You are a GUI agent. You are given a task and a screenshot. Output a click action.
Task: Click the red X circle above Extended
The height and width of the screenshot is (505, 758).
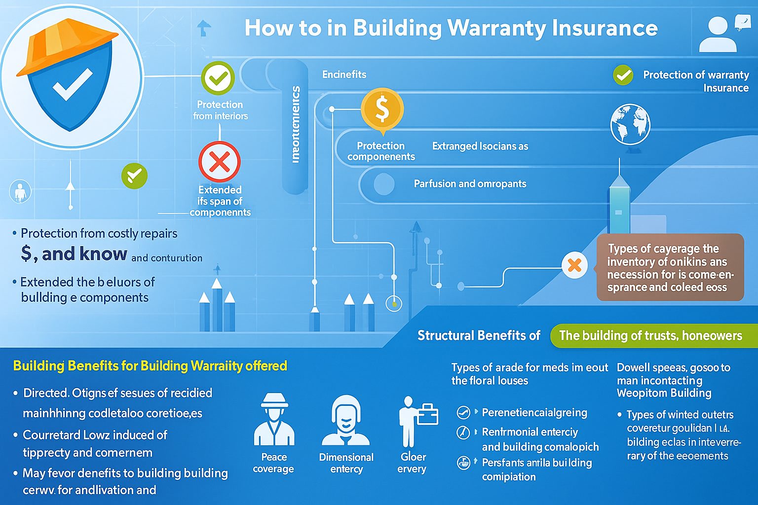[x=220, y=162]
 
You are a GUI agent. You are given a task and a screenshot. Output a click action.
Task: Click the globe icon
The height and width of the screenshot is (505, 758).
[x=630, y=124]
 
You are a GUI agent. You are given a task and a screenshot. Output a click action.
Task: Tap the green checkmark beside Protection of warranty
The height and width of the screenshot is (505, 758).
[x=623, y=75]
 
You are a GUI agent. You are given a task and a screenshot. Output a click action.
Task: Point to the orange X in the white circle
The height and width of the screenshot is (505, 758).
[x=574, y=265]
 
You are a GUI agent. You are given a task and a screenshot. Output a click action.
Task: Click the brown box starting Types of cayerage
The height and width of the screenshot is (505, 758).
[x=670, y=267]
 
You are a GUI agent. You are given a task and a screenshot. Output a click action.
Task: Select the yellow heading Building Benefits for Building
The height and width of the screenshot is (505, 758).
[x=150, y=366]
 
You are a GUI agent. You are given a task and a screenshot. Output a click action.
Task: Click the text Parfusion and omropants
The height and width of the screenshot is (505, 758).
[x=470, y=184]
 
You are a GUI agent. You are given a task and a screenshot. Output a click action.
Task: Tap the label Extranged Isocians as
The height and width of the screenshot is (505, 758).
[x=480, y=146]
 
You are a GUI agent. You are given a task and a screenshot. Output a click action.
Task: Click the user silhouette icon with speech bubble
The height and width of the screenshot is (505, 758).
[x=723, y=34]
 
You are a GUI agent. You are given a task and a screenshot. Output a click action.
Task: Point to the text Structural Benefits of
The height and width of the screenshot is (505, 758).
[x=479, y=336]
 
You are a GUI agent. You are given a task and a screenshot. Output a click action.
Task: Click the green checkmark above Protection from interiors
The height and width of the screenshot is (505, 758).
[x=218, y=78]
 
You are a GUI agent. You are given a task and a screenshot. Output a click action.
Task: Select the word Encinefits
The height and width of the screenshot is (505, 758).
[x=344, y=74]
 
